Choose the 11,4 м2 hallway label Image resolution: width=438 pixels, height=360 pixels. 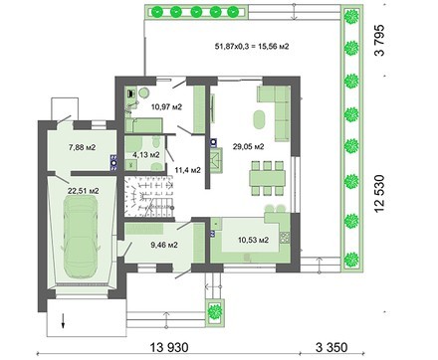(187, 170)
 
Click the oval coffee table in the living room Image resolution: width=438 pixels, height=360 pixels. (261, 120)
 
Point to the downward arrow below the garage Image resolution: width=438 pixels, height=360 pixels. (62, 321)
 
